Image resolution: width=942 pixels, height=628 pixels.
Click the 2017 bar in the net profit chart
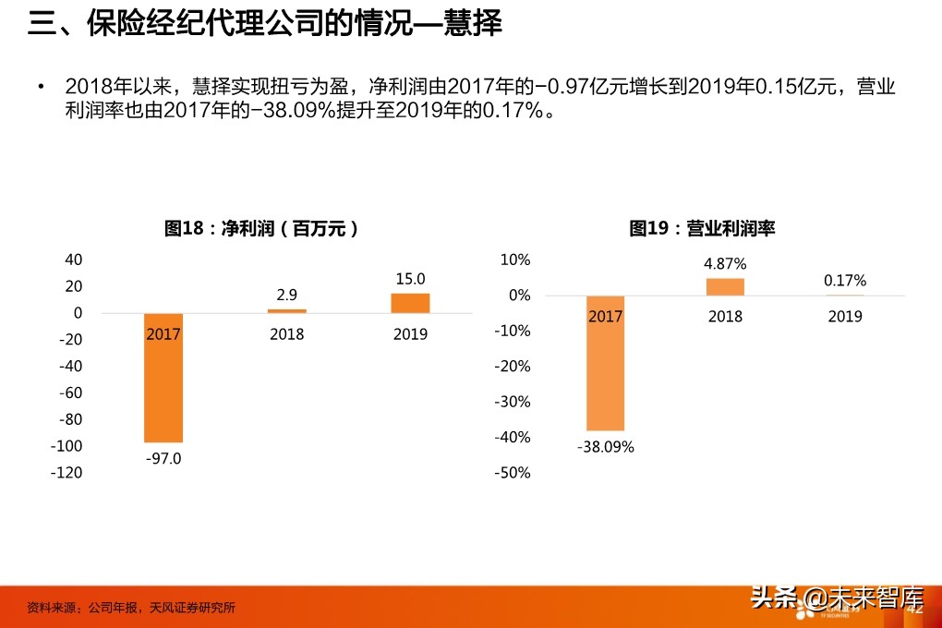tap(163, 388)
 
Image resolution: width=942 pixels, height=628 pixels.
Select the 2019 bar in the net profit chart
tap(410, 303)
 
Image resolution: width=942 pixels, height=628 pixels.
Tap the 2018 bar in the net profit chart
tap(286, 311)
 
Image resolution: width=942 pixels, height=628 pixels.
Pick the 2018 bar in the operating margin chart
tap(725, 287)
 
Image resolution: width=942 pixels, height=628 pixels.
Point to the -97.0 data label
tap(163, 458)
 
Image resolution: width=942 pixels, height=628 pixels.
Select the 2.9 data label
tap(286, 296)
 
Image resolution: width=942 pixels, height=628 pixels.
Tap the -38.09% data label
tap(606, 446)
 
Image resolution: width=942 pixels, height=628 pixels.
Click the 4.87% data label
tap(725, 264)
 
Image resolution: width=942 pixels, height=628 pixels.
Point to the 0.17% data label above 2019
tap(845, 281)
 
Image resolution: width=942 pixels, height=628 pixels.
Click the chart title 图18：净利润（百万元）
tap(261, 228)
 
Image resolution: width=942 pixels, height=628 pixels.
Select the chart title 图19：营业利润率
tap(702, 228)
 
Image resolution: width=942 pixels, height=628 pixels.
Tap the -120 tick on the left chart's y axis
tap(66, 473)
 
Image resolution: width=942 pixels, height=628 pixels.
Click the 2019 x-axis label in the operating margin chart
tap(845, 317)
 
